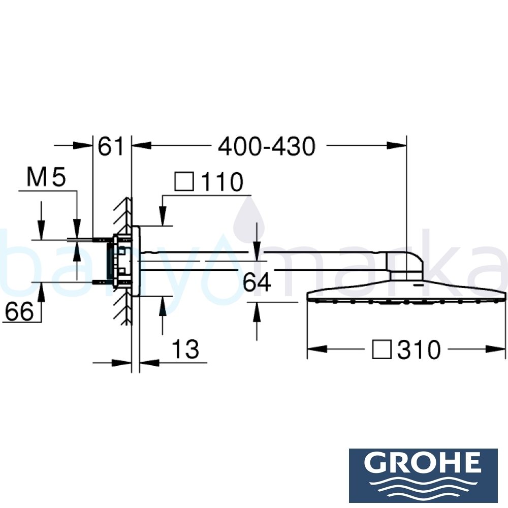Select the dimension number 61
111,147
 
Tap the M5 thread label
46,178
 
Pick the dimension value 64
257,282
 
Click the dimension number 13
184,350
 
